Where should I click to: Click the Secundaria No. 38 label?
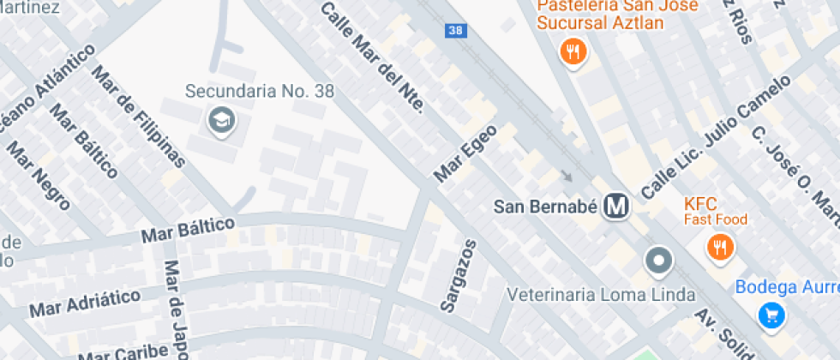(x=259, y=91)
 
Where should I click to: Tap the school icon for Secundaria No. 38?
(x=221, y=122)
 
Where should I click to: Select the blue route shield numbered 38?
(x=455, y=30)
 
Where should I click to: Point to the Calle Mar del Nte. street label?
(x=372, y=57)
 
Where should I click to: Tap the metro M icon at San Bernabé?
(x=615, y=207)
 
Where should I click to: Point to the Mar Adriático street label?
(x=85, y=302)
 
